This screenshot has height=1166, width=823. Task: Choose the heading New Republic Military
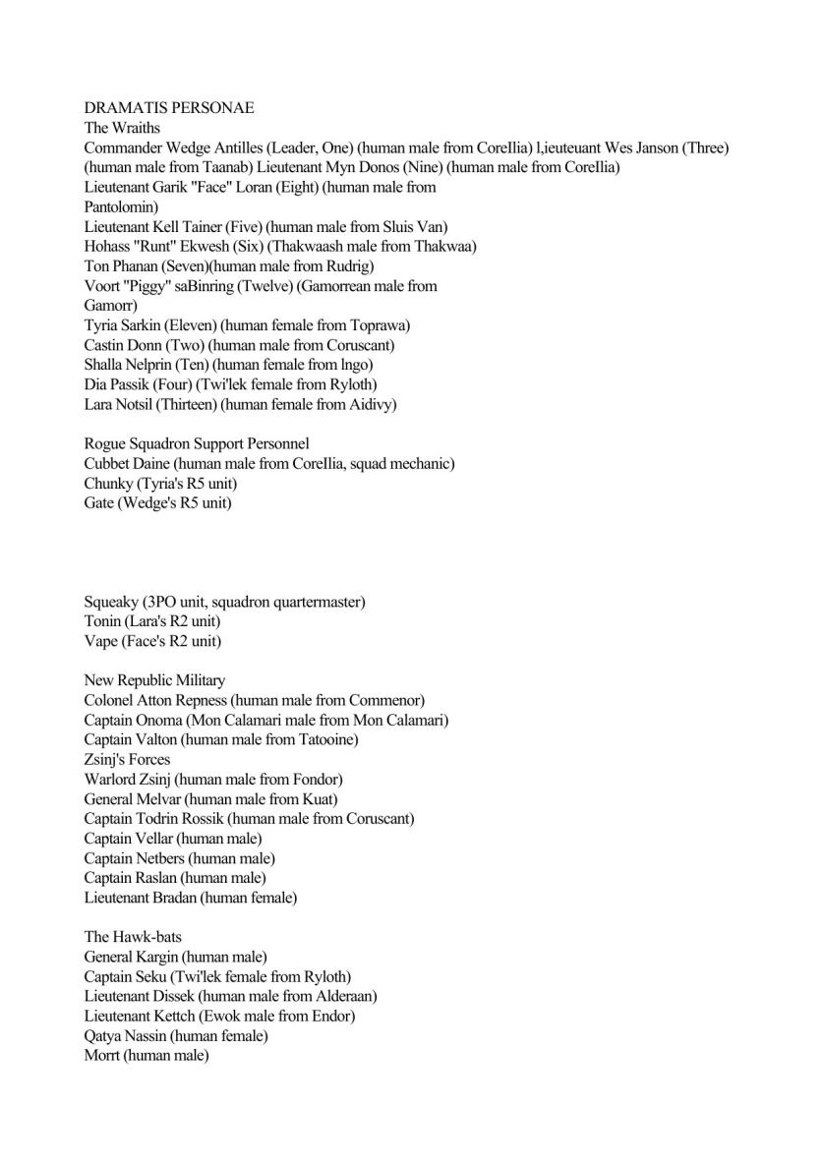154,680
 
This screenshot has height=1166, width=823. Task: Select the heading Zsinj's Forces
127,759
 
